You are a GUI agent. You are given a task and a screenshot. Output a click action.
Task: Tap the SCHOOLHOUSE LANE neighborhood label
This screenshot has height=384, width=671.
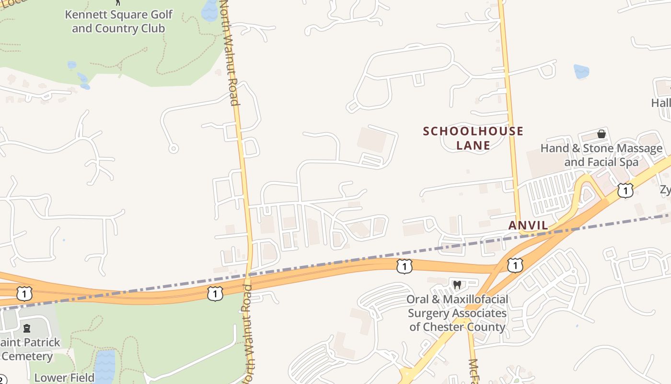pos(473,138)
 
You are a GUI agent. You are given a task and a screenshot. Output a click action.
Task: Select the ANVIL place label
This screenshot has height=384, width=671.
pos(528,226)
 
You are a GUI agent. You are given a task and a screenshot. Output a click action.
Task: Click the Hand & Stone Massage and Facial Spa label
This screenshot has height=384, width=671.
pos(601,155)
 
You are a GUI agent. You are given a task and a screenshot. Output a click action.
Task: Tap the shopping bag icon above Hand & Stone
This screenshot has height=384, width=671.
pos(601,134)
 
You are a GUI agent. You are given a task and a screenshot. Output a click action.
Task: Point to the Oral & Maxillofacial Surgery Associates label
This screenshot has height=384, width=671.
pos(457,313)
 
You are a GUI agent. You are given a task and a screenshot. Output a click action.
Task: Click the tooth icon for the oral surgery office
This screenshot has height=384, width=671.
pos(457,285)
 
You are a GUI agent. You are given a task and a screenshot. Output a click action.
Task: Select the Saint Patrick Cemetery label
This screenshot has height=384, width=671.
pos(30,349)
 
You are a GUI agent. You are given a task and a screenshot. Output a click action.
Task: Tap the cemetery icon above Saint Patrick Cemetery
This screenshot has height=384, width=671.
pos(27,329)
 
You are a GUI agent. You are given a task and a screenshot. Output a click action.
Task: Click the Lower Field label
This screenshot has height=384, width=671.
pos(64,378)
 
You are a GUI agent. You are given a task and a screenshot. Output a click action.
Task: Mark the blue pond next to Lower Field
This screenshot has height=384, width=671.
pos(104,367)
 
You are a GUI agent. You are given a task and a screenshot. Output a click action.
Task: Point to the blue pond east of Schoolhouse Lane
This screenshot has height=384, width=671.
pos(581,72)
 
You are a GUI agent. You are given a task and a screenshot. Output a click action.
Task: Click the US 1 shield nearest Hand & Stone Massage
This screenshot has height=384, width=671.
pos(625,191)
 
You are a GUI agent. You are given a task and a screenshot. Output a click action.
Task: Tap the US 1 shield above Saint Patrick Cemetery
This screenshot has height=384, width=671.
pos(24,293)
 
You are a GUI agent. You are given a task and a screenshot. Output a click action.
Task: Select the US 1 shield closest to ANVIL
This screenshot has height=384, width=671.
pos(515,264)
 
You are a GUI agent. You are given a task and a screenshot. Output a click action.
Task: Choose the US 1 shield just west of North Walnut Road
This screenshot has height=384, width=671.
pos(215,294)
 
